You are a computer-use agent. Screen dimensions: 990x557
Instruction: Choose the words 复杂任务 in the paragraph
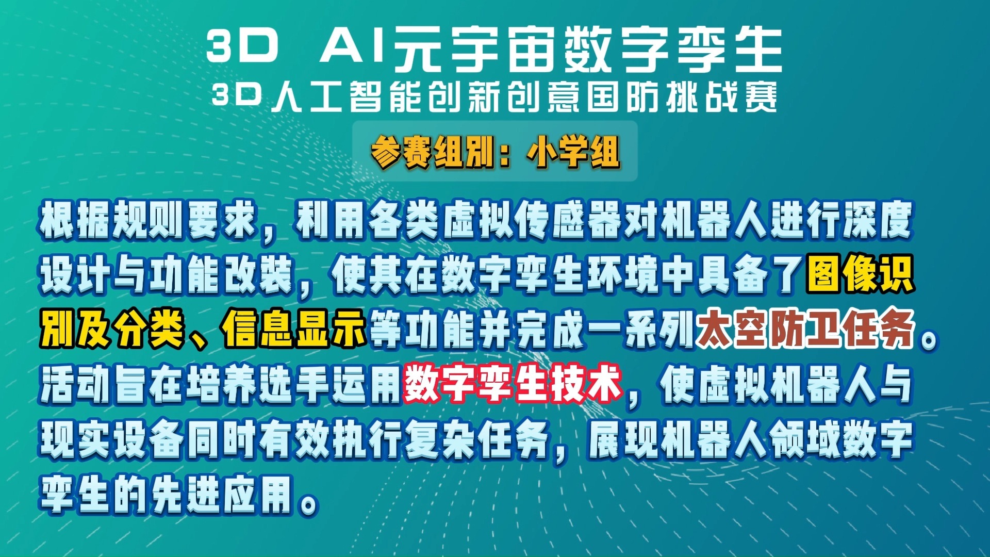476,439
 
